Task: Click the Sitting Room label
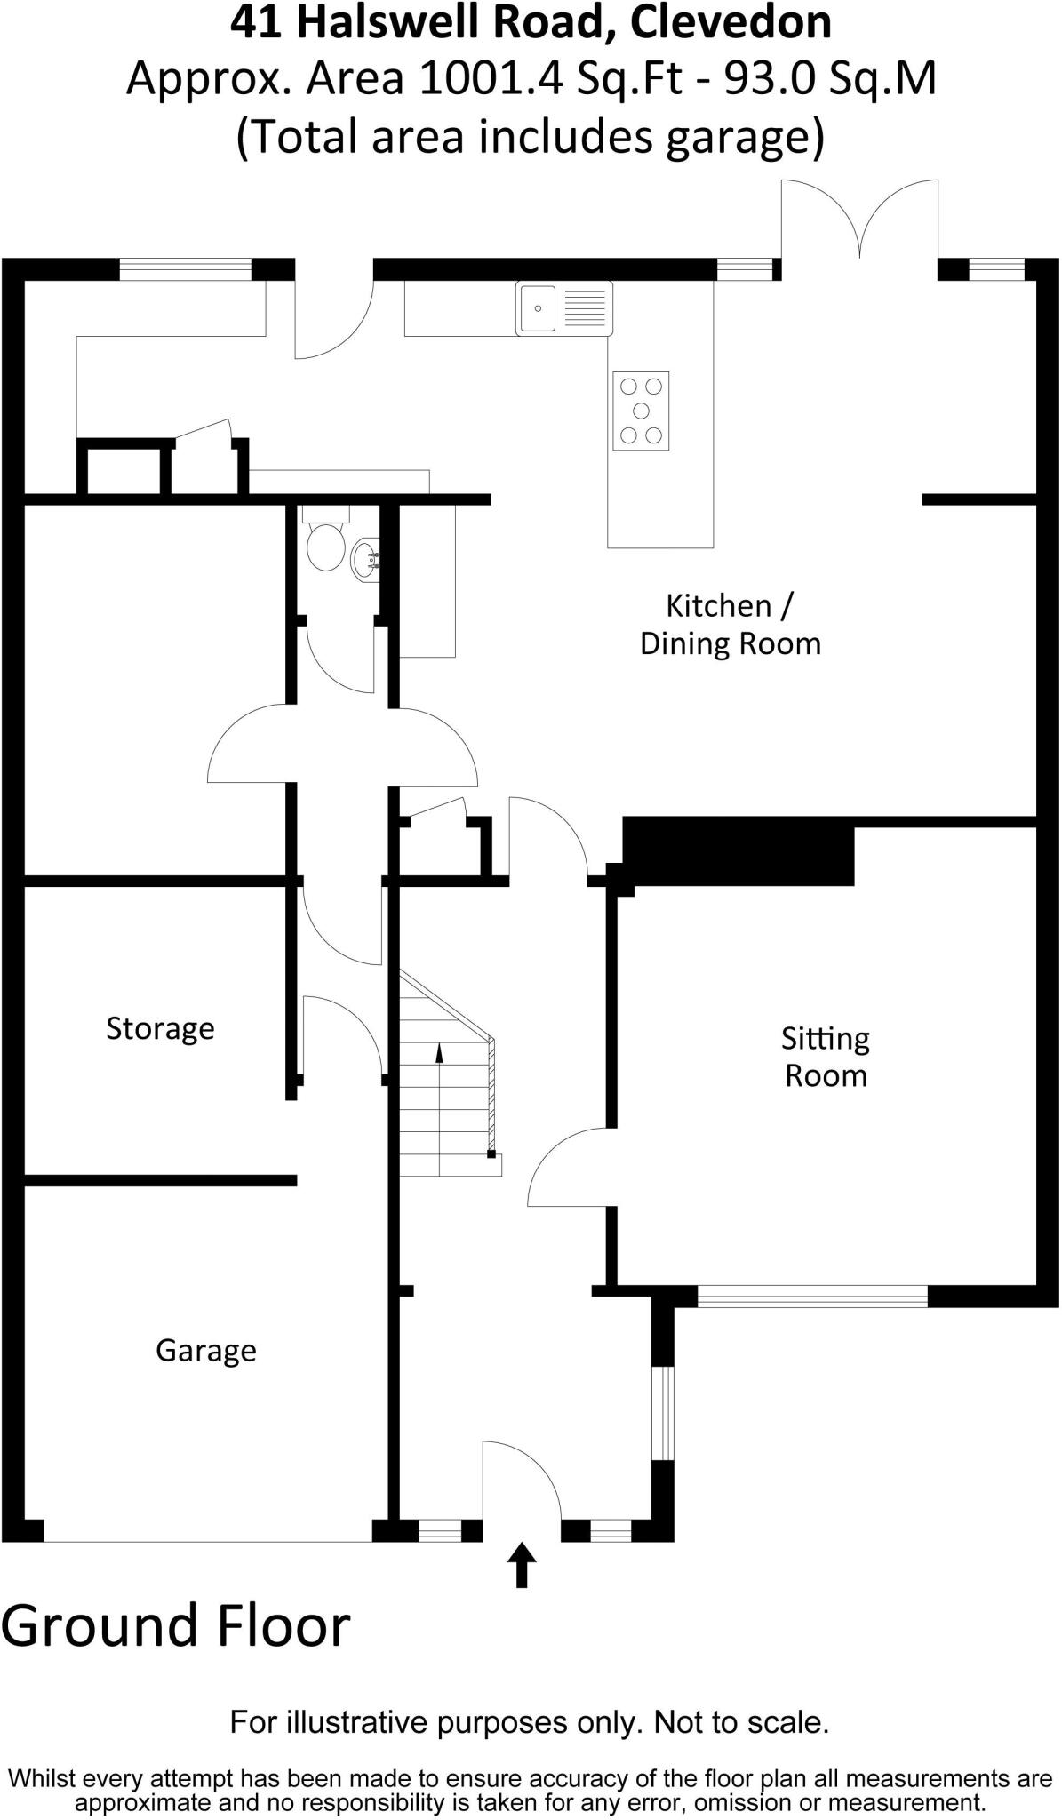(826, 1057)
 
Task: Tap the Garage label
(205, 1351)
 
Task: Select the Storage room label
(160, 1028)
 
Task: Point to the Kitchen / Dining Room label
(730, 625)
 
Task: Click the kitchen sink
(563, 308)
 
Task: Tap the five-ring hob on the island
(641, 411)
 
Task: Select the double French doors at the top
(859, 222)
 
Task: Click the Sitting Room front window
(812, 1297)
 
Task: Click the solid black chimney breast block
(738, 851)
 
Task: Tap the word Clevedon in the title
(731, 24)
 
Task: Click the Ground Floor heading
(176, 1626)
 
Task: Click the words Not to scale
(741, 1723)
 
